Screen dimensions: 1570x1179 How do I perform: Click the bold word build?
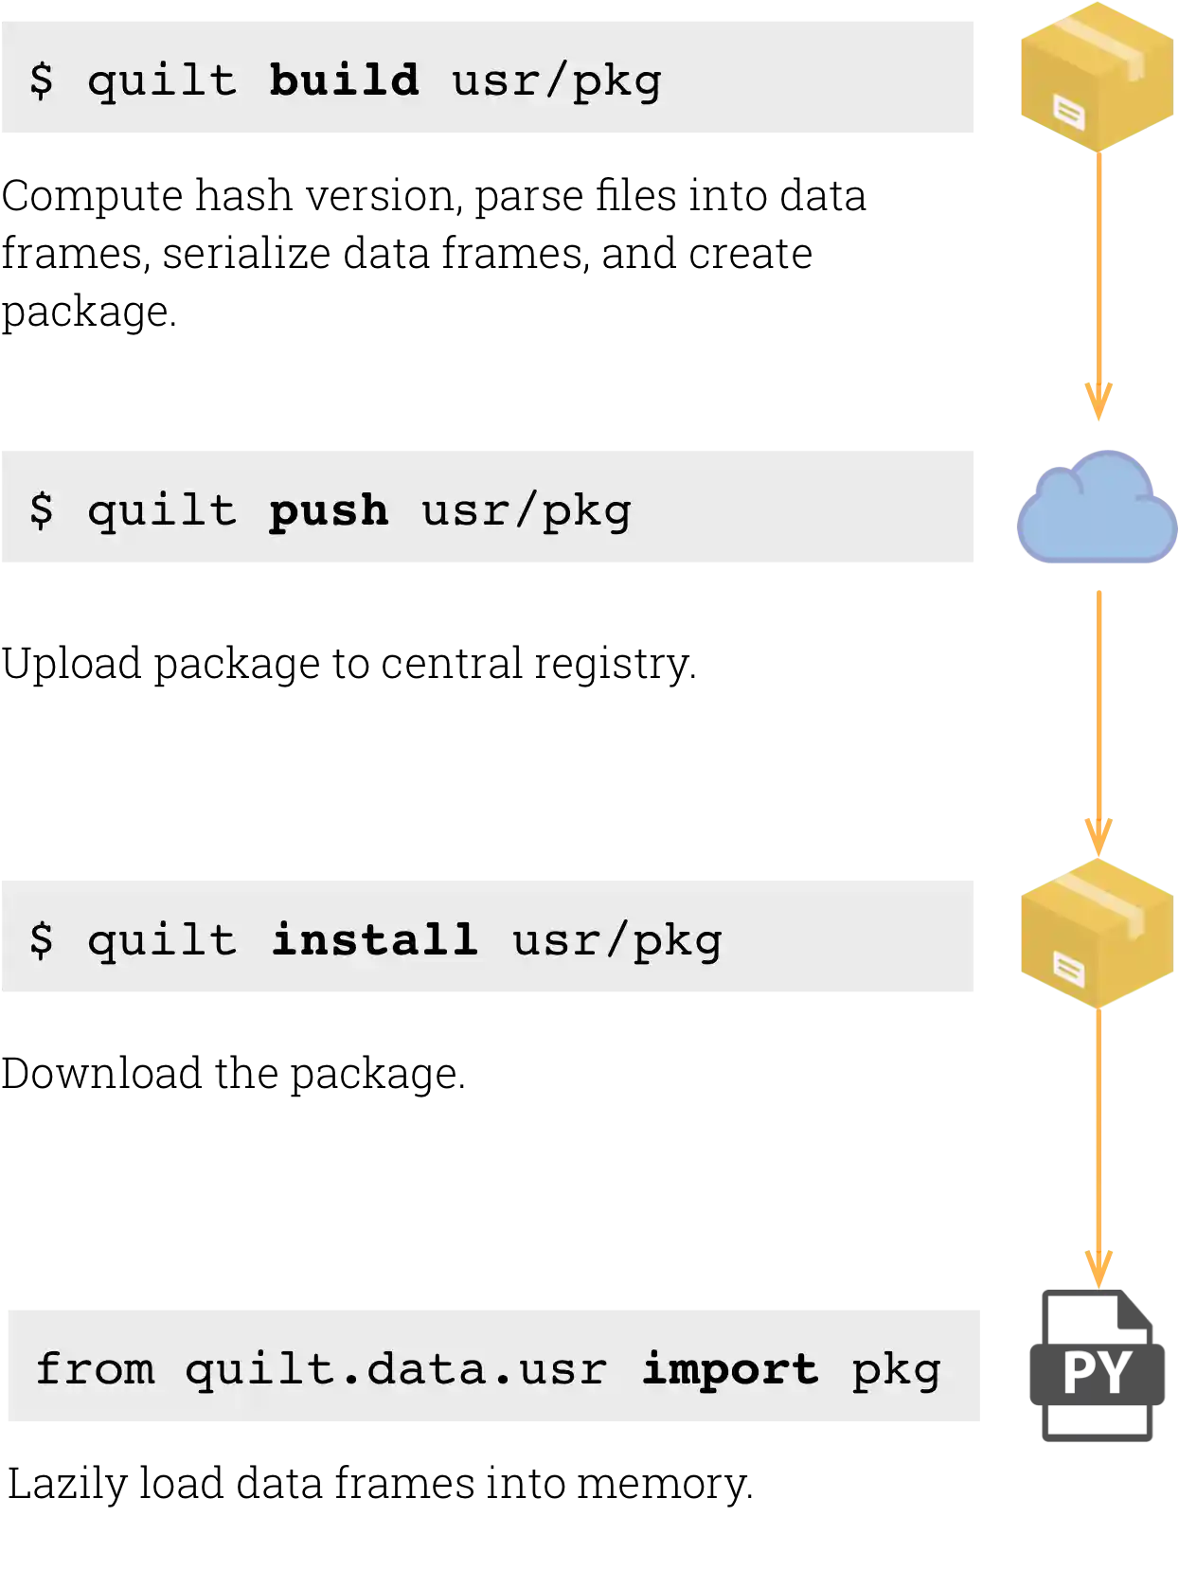tap(344, 80)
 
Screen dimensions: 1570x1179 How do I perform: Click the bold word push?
tap(329, 511)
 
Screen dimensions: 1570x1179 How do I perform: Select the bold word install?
tap(374, 939)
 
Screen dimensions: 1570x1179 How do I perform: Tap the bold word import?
tap(729, 1369)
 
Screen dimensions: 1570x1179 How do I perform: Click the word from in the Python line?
tap(95, 1369)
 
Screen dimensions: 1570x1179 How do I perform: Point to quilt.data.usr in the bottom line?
tap(396, 1369)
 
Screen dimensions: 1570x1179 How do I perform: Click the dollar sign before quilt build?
tap(42, 80)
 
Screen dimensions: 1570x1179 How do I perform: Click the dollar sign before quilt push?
tap(42, 510)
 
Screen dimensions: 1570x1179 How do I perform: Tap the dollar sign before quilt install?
tap(42, 939)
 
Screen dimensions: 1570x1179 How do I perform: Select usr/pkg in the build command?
tap(557, 80)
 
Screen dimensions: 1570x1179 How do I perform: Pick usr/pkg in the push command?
tap(527, 511)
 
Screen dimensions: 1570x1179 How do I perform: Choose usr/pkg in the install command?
tap(617, 940)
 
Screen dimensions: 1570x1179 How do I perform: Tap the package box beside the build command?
tap(1096, 76)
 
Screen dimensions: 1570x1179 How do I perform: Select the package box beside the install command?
tap(1096, 933)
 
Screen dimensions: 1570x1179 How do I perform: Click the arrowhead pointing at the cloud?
tap(1098, 402)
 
